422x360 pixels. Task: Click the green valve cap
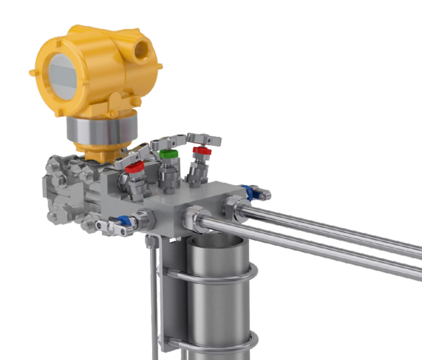[x=168, y=155]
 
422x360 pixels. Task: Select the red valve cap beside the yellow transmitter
[x=135, y=168]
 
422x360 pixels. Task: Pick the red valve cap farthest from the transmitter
[x=201, y=151]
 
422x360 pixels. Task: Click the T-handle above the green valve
[x=170, y=141]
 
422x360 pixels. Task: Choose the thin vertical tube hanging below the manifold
[x=153, y=297]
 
